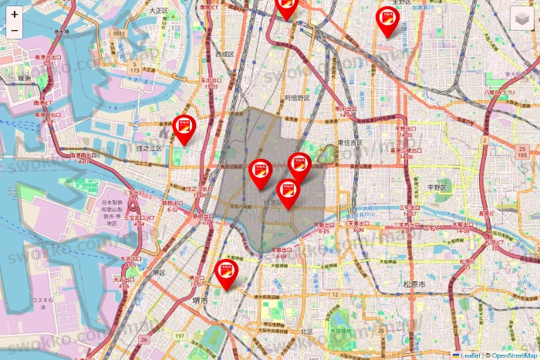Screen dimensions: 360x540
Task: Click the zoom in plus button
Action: coord(15,14)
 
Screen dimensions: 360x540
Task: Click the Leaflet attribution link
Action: coord(471,355)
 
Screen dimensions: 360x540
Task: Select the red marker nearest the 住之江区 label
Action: coord(184,129)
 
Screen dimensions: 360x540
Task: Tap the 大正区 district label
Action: coord(159,11)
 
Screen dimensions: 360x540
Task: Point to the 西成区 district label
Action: coord(224,55)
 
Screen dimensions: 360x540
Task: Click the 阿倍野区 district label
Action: coord(297,98)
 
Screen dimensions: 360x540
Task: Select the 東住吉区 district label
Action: coord(351,143)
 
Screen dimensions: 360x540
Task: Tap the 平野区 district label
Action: coord(438,187)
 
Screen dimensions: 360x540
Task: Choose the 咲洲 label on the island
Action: coord(25,78)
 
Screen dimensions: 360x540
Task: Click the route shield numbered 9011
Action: coord(118,35)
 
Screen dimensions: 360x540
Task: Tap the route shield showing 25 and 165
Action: coord(522,152)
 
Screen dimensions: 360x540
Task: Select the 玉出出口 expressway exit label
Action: coord(210,81)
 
